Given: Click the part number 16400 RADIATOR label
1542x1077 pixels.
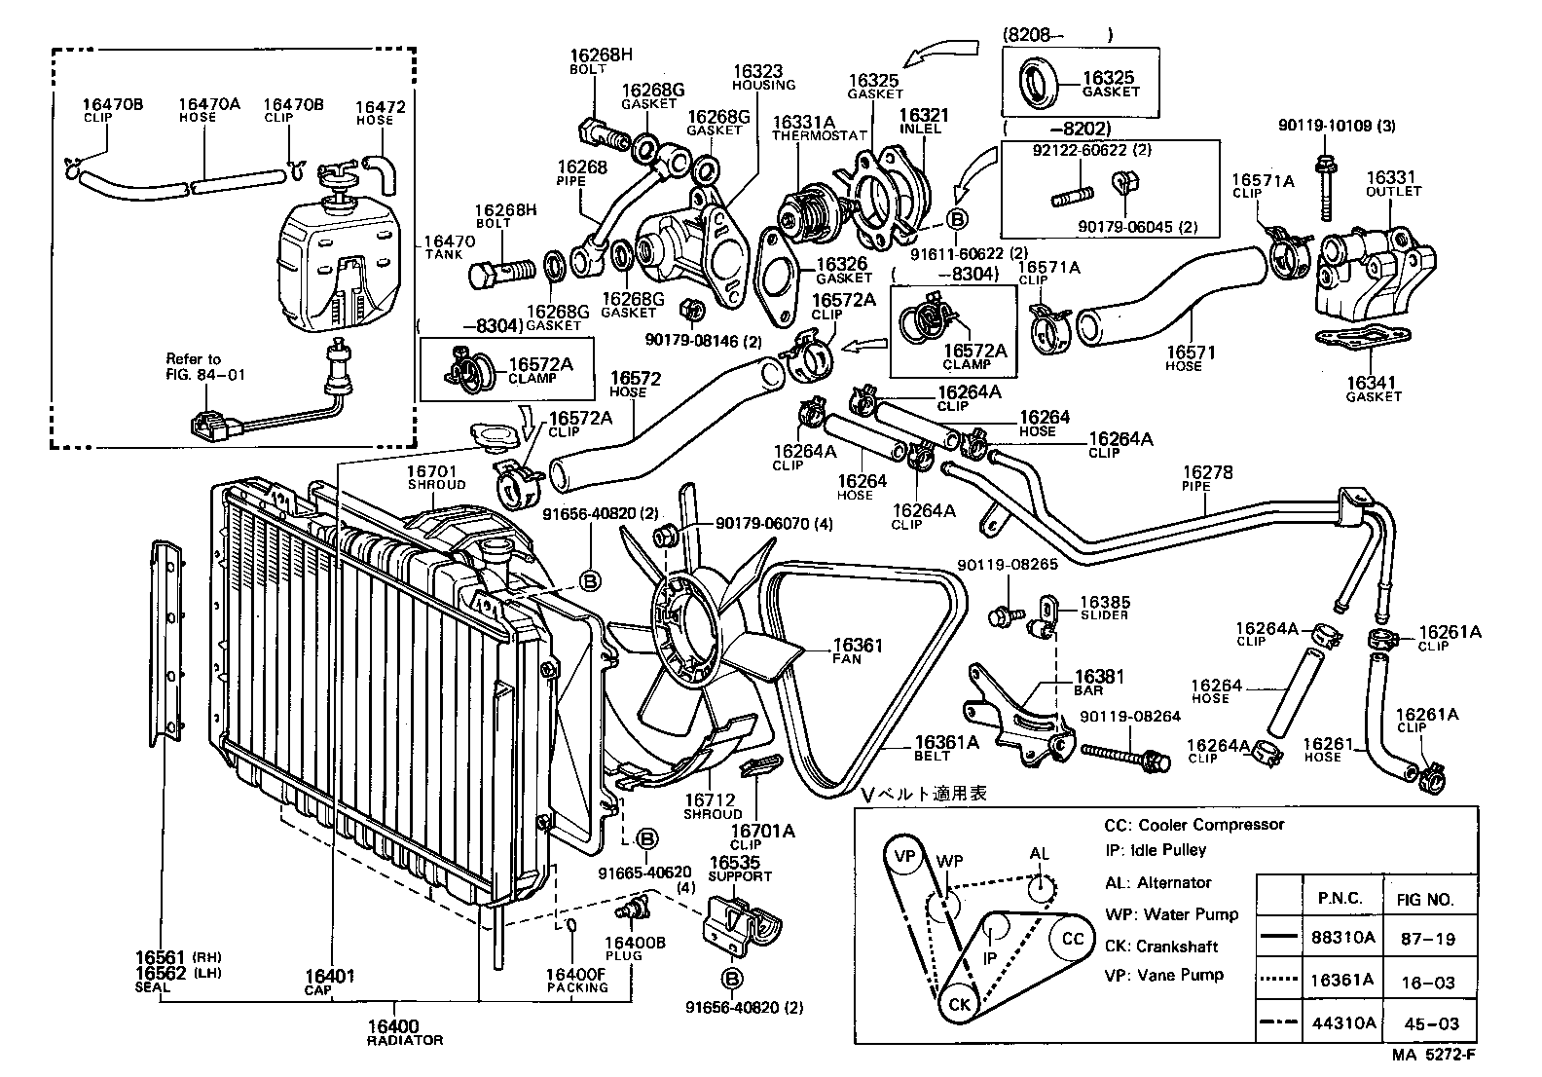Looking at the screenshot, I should [x=404, y=1032].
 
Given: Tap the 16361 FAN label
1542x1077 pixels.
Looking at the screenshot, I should [x=857, y=650].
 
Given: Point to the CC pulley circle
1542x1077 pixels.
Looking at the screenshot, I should [x=1071, y=939].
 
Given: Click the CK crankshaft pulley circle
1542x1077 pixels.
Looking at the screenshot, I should [x=959, y=1003].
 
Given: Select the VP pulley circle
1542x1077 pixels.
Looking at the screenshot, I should [x=905, y=857].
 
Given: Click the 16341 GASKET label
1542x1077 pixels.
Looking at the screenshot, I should [x=1374, y=390].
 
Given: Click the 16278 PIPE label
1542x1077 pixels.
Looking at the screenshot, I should [x=1207, y=478].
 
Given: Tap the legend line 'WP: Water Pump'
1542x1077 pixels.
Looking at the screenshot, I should [x=1171, y=914].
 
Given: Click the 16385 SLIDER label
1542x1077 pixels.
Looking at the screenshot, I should [x=1104, y=608].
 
